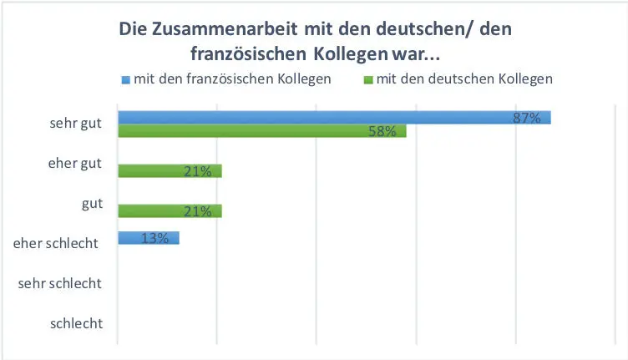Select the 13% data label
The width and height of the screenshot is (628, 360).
tap(154, 238)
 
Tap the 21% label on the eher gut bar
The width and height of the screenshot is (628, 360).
tap(197, 172)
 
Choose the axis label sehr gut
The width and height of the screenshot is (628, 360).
tap(75, 124)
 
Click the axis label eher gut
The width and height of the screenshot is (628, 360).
tap(75, 164)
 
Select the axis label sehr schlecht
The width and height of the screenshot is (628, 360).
tap(59, 283)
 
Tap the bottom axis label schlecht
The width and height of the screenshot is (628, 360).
tap(76, 323)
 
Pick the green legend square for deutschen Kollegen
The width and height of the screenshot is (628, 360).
tap(368, 80)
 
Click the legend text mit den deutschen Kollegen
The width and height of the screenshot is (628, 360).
tap(464, 79)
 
